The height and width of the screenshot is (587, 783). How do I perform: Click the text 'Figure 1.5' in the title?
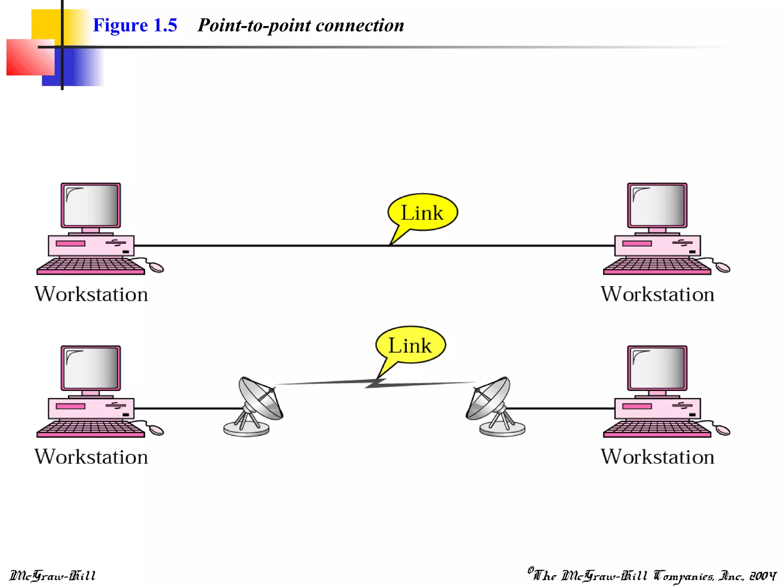point(135,25)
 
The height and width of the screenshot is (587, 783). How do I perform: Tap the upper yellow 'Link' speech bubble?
point(423,212)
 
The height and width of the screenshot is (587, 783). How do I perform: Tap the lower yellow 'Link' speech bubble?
point(411,345)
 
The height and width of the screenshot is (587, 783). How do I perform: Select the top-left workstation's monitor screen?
point(91,205)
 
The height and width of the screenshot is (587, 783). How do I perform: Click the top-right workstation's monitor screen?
point(657,205)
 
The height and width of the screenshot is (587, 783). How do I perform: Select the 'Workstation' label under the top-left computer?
point(91,294)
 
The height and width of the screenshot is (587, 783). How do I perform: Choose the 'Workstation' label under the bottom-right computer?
point(657,457)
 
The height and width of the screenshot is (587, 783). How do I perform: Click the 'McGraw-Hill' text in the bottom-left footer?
point(52,576)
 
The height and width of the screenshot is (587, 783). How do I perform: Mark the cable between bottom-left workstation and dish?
point(187,409)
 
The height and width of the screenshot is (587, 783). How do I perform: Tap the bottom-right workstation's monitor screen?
point(657,368)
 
